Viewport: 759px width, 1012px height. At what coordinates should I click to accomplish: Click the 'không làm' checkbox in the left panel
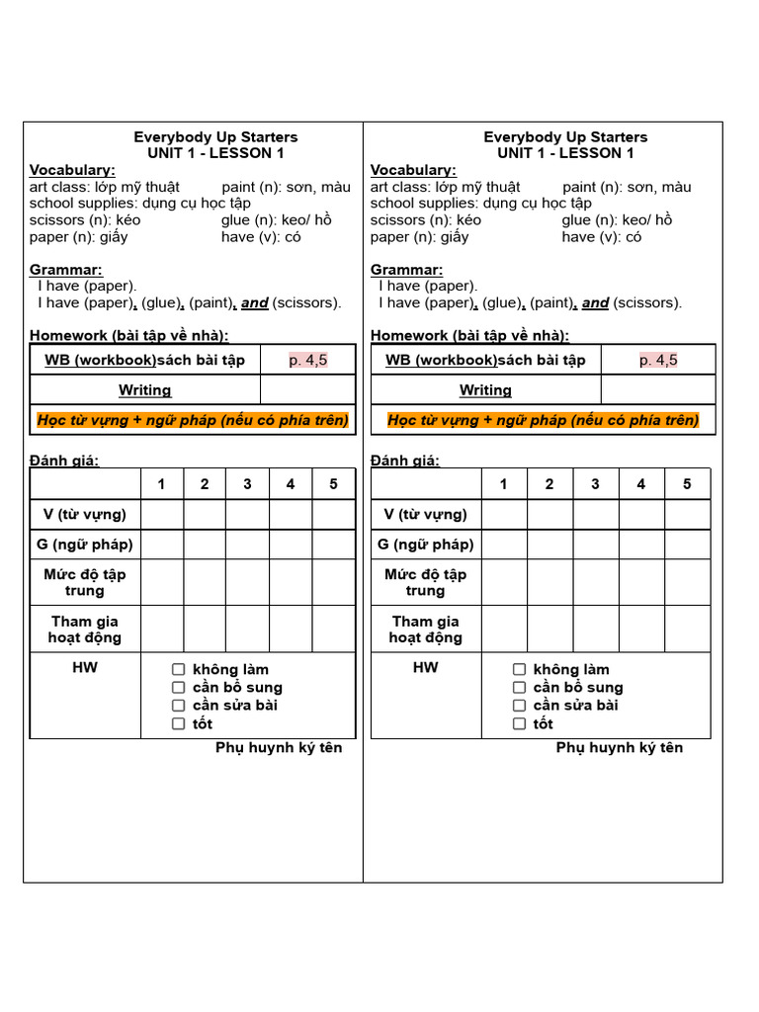(179, 670)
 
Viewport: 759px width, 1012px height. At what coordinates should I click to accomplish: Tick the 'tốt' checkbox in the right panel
(519, 723)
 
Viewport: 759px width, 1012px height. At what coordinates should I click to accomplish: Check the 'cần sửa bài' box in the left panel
(179, 706)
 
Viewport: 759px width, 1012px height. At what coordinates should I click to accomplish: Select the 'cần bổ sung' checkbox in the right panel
(519, 688)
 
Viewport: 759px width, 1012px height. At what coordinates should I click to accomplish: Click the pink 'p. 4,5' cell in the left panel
(307, 361)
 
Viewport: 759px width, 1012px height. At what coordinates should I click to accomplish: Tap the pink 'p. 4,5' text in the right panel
(658, 361)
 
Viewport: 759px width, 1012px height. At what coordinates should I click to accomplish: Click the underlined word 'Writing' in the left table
(145, 390)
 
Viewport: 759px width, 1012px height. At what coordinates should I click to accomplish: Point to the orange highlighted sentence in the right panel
(544, 420)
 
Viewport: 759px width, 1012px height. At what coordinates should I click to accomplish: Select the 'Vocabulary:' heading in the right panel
(413, 170)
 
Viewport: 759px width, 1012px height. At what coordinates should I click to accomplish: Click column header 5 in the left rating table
(333, 484)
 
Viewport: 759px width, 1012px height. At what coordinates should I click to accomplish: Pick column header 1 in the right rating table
(503, 484)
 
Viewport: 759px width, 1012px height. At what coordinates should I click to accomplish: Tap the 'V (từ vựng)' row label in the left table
(85, 514)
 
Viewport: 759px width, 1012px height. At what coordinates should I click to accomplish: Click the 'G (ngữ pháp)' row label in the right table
(426, 544)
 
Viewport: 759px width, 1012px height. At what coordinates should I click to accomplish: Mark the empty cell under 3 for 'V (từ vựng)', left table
(247, 514)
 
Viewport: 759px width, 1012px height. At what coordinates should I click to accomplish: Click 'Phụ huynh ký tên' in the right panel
(620, 748)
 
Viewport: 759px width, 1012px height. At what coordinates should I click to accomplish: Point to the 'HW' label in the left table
(85, 668)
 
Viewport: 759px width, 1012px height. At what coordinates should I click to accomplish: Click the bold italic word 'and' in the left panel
(255, 303)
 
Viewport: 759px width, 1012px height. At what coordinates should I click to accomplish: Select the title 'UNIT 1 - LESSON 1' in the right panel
(566, 153)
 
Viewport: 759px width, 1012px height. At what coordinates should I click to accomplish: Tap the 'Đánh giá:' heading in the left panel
(64, 461)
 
